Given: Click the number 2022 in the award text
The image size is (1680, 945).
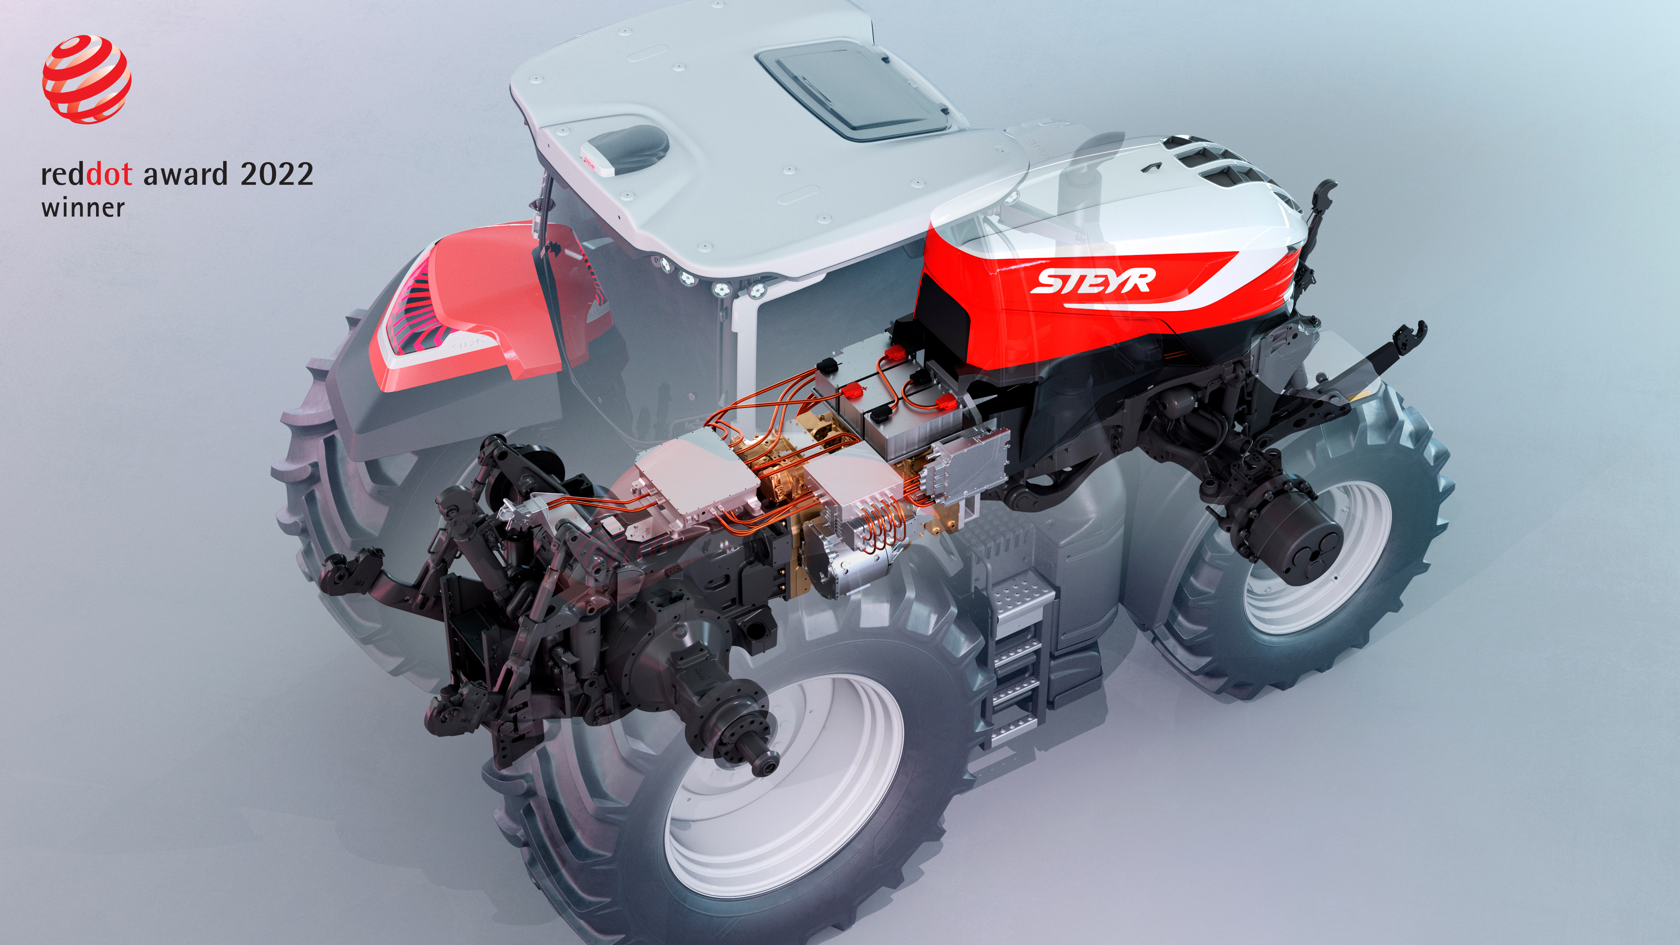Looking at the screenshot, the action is [276, 174].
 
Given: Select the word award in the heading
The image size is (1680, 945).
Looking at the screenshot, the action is [185, 174].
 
